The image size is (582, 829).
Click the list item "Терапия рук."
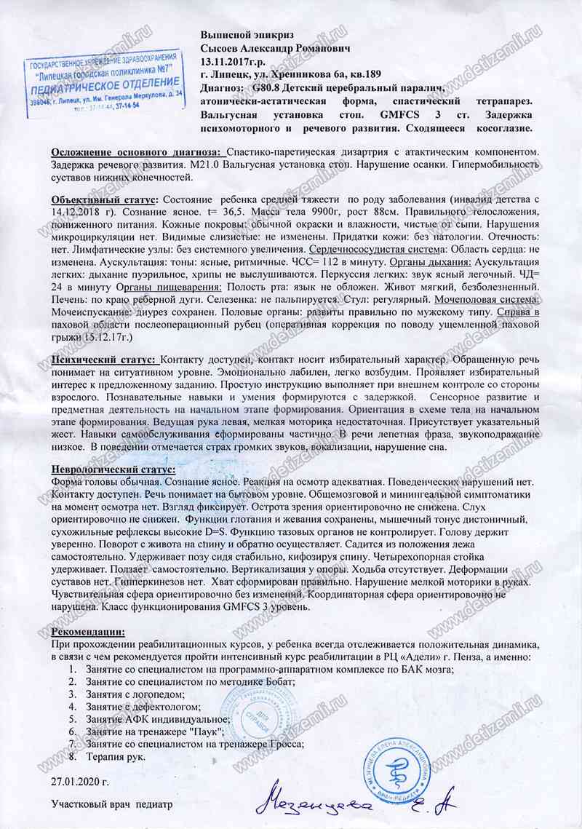(116, 756)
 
